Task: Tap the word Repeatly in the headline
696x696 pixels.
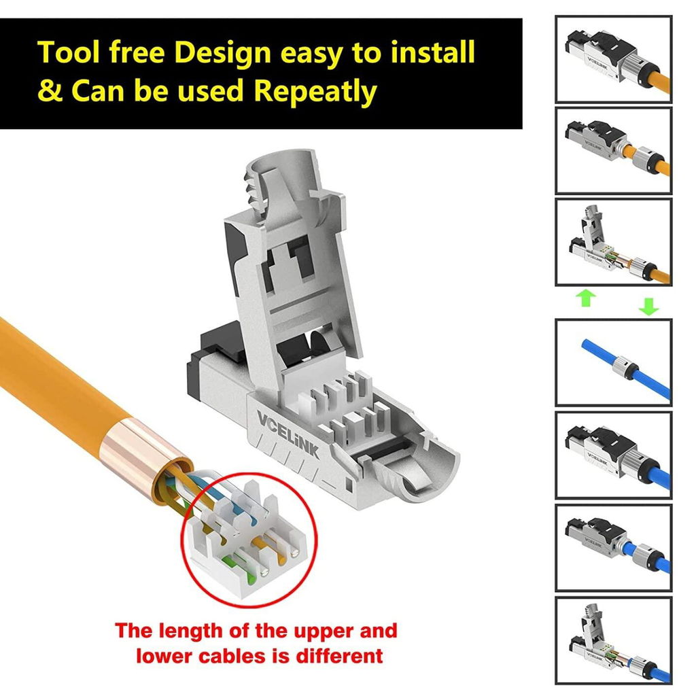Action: (315, 92)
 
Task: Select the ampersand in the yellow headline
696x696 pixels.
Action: (50, 90)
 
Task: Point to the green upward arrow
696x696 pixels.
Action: (585, 298)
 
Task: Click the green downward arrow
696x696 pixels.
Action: (648, 307)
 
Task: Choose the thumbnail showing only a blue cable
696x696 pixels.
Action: (614, 362)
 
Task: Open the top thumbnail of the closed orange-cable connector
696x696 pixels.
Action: (614, 59)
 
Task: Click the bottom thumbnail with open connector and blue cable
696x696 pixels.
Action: (614, 640)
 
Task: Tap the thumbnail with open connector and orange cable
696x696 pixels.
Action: (614, 242)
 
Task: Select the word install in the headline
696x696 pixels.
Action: (432, 52)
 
